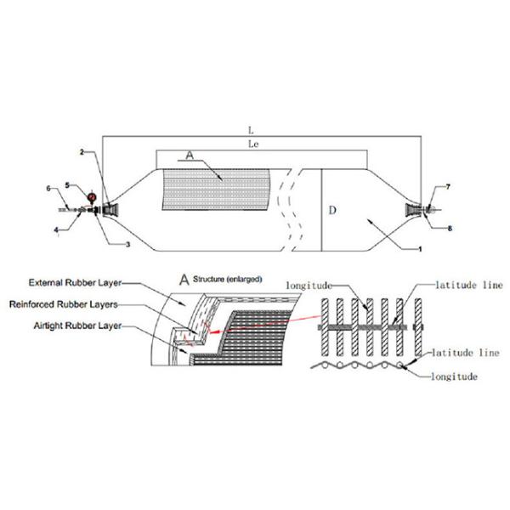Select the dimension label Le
click(252, 144)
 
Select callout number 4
click(57, 227)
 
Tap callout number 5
click(69, 186)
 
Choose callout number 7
click(448, 185)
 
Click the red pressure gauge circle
click(91, 199)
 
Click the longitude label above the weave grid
click(309, 285)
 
